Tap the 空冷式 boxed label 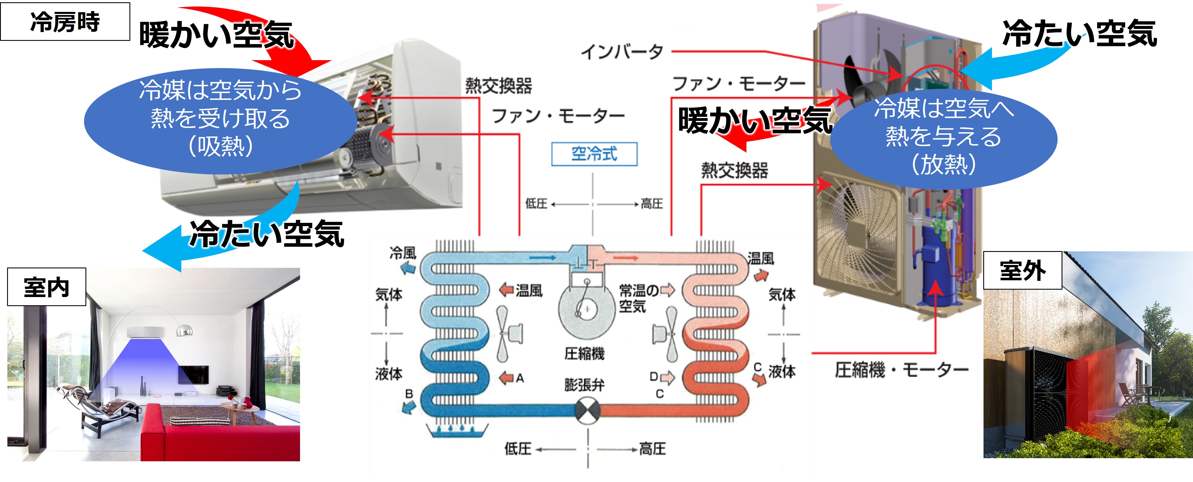[594, 154]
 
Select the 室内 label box [46, 287]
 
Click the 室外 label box [1022, 270]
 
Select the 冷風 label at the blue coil [402, 253]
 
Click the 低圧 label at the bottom [517, 449]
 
